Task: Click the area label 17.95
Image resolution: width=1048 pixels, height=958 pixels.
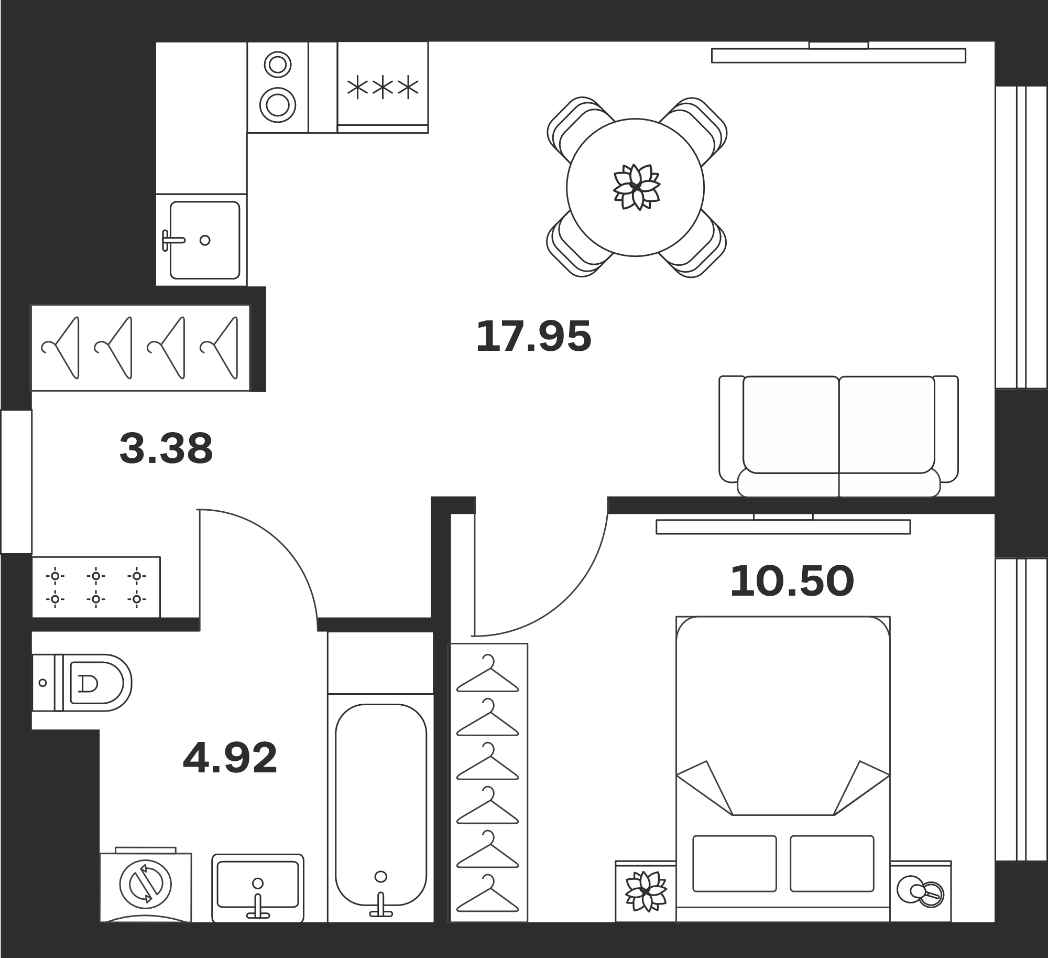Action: point(533,336)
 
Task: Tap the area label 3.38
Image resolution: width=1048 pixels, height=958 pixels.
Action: point(166,448)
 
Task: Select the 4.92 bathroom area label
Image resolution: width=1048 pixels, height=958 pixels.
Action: point(230,758)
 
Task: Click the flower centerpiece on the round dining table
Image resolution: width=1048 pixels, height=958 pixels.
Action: point(636,187)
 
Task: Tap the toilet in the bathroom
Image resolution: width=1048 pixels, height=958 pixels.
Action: point(82,683)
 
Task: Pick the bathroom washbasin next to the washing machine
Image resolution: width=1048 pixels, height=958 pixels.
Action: point(258,888)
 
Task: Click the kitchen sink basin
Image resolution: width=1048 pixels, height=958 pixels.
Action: point(205,240)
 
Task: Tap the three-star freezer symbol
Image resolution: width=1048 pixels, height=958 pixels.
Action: point(383,88)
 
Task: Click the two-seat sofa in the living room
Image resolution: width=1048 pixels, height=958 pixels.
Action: point(838,436)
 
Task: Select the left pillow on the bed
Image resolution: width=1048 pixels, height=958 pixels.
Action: point(734,864)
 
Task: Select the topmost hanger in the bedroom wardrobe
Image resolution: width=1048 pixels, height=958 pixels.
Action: point(488,673)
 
